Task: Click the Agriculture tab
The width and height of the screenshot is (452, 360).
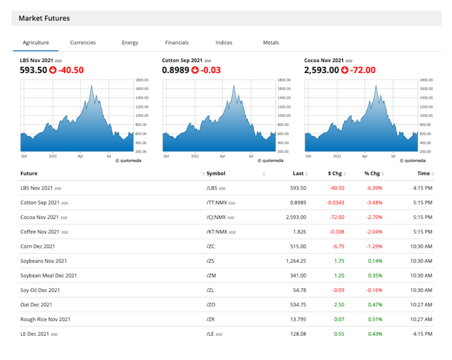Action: (36, 43)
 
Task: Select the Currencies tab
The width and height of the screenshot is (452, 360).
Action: (83, 43)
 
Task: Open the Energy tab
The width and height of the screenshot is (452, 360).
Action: (130, 43)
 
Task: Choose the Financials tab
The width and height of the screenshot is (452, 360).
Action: (177, 43)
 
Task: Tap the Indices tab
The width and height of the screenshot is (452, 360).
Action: (224, 43)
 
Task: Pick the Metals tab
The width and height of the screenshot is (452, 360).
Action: (271, 43)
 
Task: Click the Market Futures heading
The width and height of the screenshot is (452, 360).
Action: (44, 18)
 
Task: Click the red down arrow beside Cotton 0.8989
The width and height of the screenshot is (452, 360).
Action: (195, 71)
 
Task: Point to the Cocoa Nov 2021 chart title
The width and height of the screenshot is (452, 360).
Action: (324, 60)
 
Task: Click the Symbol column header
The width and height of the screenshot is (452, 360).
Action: (216, 174)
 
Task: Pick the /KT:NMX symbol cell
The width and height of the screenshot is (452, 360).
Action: (216, 232)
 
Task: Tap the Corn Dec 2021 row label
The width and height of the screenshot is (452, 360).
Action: (37, 247)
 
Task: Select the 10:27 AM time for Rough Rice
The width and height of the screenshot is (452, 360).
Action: (418, 320)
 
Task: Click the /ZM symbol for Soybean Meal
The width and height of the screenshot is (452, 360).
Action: (210, 276)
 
